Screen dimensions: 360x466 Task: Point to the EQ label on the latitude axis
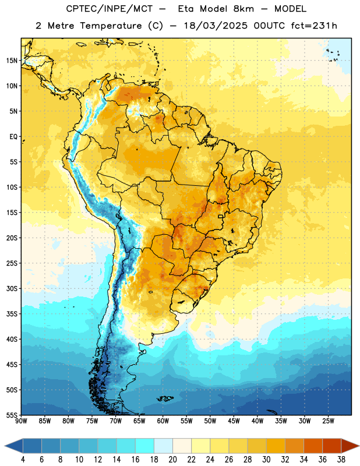point(13,137)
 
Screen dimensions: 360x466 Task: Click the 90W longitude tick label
point(21,421)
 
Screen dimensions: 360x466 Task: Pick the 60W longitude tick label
point(163,421)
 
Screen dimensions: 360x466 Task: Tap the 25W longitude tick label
point(328,421)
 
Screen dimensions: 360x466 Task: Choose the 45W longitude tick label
point(234,421)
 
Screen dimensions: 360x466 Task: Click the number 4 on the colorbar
point(23,460)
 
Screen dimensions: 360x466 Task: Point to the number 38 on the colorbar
point(341,460)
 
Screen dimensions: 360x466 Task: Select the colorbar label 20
point(172,460)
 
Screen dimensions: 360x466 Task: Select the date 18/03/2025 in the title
point(216,26)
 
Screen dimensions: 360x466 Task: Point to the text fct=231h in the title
point(314,26)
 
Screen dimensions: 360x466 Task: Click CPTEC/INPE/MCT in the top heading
point(109,9)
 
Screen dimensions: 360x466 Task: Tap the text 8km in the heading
point(244,9)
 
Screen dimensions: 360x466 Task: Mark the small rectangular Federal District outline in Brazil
point(221,216)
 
